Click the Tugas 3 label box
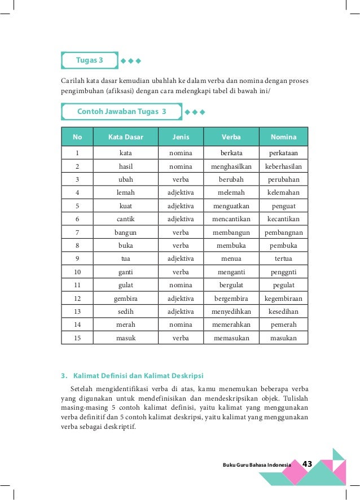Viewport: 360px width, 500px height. tap(89, 60)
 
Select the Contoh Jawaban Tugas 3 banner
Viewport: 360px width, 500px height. tap(121, 112)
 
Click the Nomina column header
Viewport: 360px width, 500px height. tap(283, 137)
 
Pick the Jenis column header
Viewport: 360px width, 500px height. tap(181, 137)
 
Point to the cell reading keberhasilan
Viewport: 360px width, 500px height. tap(283, 166)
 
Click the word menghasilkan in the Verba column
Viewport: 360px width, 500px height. tap(231, 166)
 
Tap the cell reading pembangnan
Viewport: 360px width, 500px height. tap(283, 233)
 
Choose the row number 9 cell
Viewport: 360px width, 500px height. tap(77, 258)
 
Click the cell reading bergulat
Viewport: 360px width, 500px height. tap(231, 285)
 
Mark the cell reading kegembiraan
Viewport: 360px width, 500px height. tap(283, 298)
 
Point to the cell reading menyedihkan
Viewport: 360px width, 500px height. tap(231, 312)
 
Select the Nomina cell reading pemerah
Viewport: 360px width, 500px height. tap(283, 324)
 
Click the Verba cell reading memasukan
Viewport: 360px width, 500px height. tap(231, 338)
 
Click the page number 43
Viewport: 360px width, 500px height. tap(308, 464)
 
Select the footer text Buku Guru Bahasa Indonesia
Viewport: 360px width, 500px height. tap(257, 465)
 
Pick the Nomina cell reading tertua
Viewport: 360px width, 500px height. tap(283, 258)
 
